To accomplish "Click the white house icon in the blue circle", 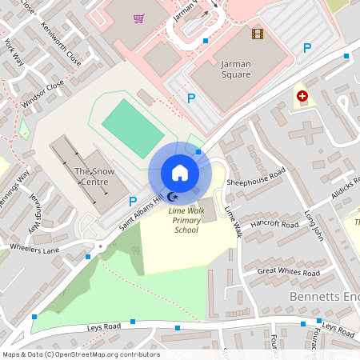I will (180, 172).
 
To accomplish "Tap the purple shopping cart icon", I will (139, 18).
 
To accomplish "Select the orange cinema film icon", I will (257, 34).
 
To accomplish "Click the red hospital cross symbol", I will (302, 96).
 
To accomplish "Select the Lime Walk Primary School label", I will (186, 220).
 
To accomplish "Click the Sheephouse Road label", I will (256, 178).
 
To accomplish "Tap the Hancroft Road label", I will (274, 224).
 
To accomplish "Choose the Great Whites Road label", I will (288, 273).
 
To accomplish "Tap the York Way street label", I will (14, 53).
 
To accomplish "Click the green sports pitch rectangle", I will (133, 127).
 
